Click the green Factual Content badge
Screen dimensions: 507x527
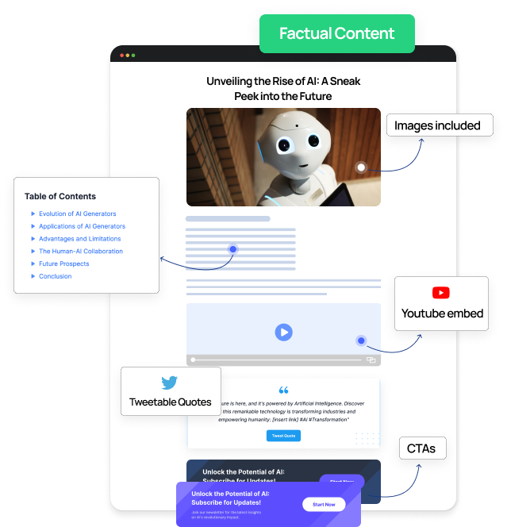point(336,33)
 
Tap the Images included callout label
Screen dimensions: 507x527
point(437,125)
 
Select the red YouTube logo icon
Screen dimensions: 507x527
point(441,294)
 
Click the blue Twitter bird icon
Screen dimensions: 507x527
point(170,383)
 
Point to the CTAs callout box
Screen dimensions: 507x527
point(421,448)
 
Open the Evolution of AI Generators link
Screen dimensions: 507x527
point(78,213)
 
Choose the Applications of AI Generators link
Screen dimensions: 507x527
point(82,226)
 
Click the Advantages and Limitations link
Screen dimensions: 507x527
point(79,239)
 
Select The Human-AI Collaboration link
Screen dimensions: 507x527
point(81,252)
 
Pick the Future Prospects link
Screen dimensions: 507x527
point(64,263)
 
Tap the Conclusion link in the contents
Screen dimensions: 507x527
point(56,276)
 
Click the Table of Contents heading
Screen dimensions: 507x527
point(60,196)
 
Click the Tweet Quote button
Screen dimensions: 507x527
point(283,436)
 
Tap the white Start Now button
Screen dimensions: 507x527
point(324,505)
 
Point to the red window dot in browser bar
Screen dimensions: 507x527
point(121,56)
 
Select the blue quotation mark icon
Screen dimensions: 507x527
point(283,390)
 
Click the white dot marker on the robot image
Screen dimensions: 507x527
point(361,167)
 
